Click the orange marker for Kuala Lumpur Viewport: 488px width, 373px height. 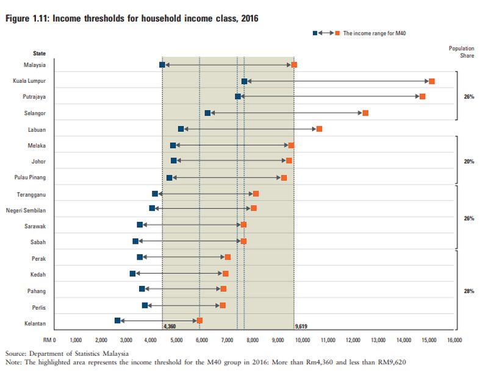pyautogui.click(x=432, y=81)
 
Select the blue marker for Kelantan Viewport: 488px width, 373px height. pyautogui.click(x=118, y=320)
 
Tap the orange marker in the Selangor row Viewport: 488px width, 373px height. pyautogui.click(x=365, y=113)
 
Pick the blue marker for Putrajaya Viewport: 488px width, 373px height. pyautogui.click(x=238, y=96)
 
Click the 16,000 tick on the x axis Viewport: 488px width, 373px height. pyautogui.click(x=453, y=339)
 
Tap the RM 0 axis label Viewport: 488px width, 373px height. pyautogui.click(x=49, y=339)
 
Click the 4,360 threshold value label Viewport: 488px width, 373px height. pyautogui.click(x=170, y=327)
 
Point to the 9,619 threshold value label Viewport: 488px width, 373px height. pyautogui.click(x=300, y=327)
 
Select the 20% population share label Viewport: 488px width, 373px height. pyautogui.click(x=468, y=162)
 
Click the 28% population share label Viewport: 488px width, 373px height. pyautogui.click(x=468, y=291)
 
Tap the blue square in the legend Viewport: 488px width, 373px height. pyautogui.click(x=315, y=33)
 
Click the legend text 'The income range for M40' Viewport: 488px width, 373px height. pyautogui.click(x=375, y=33)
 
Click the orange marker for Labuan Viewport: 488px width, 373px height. pyautogui.click(x=319, y=129)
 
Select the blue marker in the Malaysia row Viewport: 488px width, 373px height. pyautogui.click(x=162, y=65)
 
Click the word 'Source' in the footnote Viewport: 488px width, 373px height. pyautogui.click(x=15, y=353)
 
